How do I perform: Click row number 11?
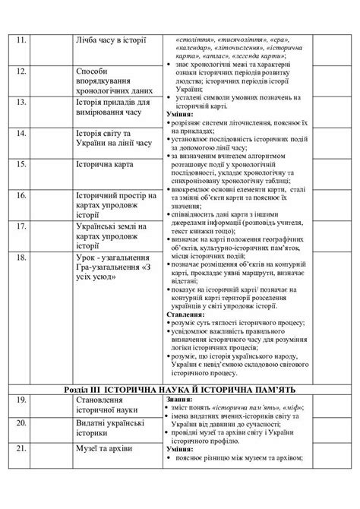21,40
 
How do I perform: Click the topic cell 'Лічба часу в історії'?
112,40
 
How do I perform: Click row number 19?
22,400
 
